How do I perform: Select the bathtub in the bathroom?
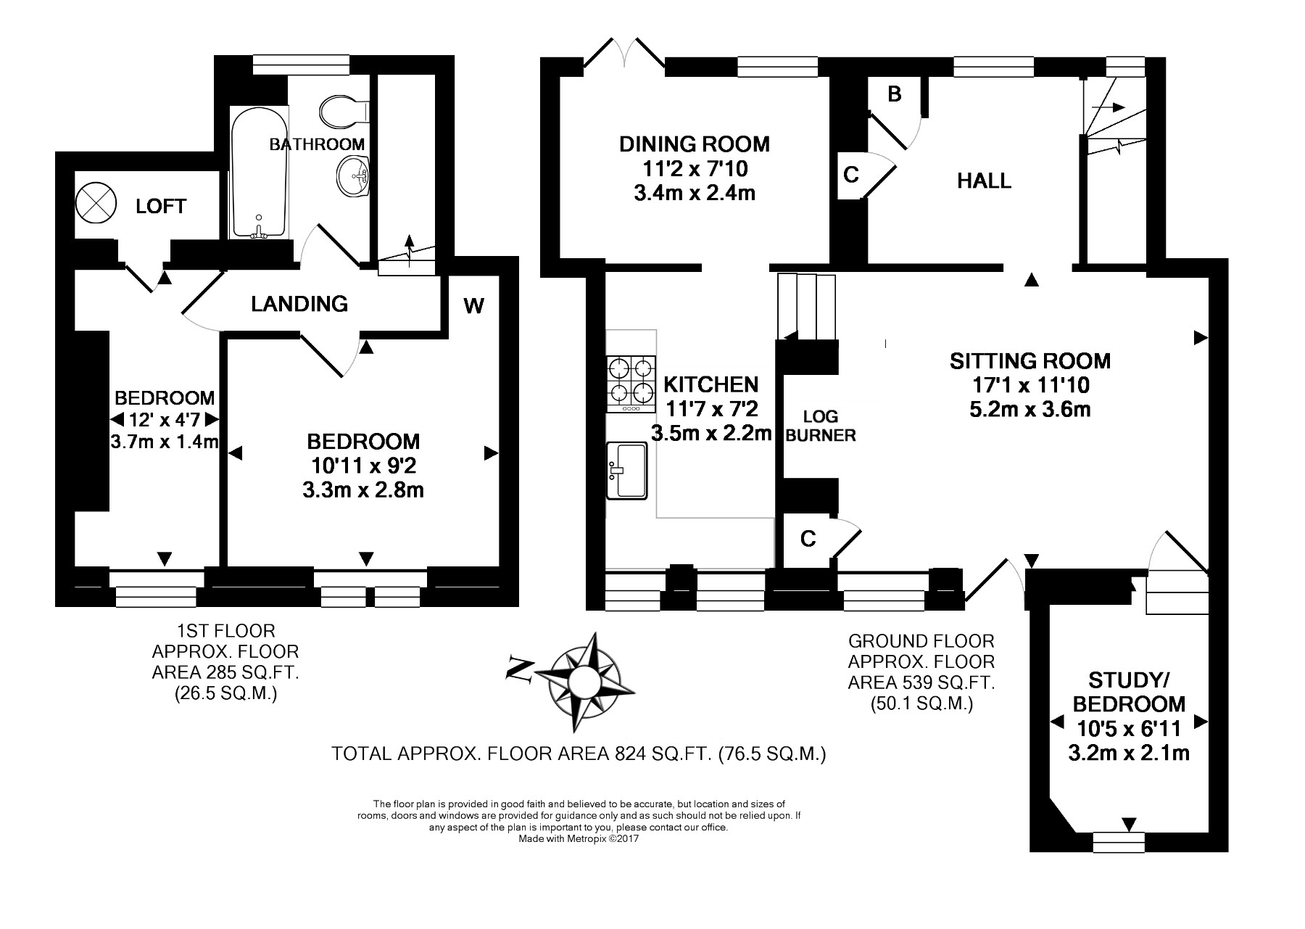(259, 172)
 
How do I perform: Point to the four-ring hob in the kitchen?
(631, 384)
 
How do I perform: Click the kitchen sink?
(626, 470)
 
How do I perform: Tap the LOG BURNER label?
(821, 426)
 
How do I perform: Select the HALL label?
(984, 181)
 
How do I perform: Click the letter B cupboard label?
(894, 94)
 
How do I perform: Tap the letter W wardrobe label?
(473, 306)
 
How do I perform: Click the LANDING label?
(299, 303)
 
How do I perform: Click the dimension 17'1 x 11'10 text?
(1029, 384)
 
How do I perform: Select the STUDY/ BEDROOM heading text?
(1129, 692)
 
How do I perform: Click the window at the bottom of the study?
(1119, 842)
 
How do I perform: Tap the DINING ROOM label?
(694, 144)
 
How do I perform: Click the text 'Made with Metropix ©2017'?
(579, 838)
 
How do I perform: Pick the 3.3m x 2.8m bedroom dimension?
(363, 490)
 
